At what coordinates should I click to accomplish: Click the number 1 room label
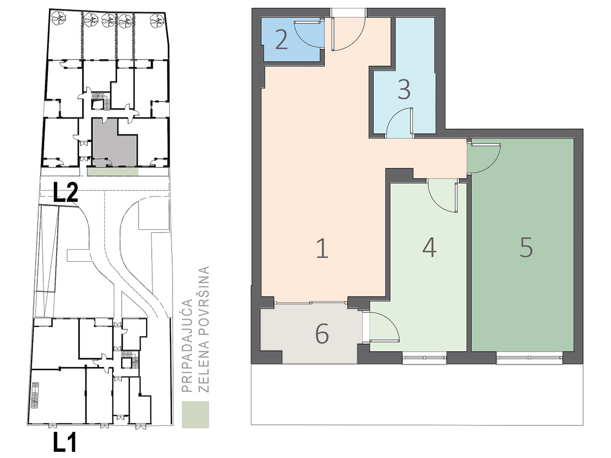point(322,249)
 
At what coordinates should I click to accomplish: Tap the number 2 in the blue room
point(281,40)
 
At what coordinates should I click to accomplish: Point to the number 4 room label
point(429,247)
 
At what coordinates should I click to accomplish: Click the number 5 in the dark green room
point(526,247)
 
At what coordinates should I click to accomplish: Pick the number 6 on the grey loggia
point(322,333)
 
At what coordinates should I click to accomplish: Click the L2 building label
point(65,192)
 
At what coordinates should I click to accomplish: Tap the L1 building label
point(65,441)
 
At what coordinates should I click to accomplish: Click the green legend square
point(196,414)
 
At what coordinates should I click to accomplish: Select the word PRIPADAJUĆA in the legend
point(187,346)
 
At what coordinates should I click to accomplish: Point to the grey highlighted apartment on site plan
point(114,142)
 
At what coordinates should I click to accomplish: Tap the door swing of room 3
point(399,122)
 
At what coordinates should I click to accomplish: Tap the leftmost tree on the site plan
point(59,19)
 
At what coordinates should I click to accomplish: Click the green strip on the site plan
point(113,171)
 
